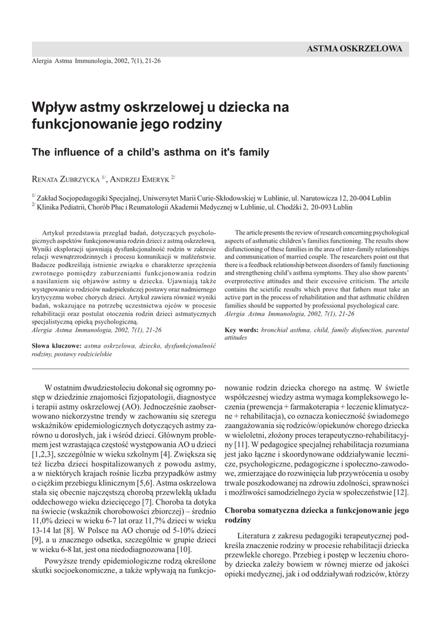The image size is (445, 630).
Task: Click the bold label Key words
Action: pos(241,330)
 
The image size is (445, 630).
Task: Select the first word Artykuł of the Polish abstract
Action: pos(53,234)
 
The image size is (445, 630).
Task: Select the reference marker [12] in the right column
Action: pos(401,493)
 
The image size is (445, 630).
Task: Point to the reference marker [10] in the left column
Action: pos(184,548)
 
